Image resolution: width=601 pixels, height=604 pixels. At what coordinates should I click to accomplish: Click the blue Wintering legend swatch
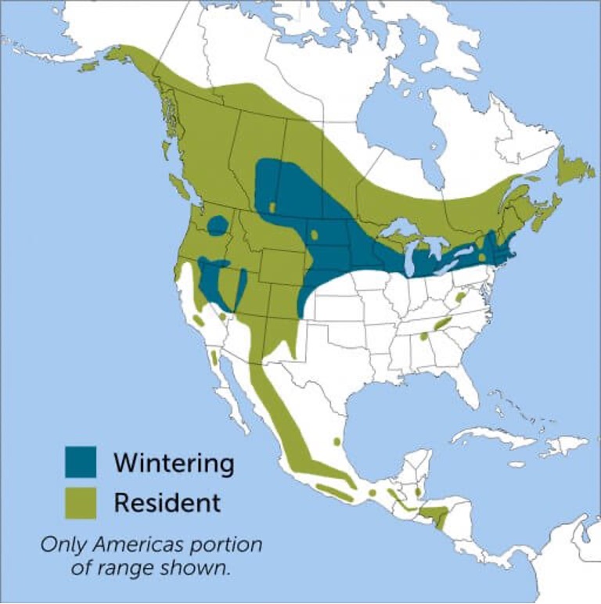[81, 462]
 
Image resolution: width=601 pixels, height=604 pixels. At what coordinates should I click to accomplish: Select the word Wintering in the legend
[173, 462]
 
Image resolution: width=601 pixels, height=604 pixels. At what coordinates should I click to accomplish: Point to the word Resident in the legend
[167, 502]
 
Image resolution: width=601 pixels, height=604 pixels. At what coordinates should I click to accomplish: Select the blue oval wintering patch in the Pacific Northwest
[218, 225]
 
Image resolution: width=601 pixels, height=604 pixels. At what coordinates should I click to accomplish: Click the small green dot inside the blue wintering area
[273, 207]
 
